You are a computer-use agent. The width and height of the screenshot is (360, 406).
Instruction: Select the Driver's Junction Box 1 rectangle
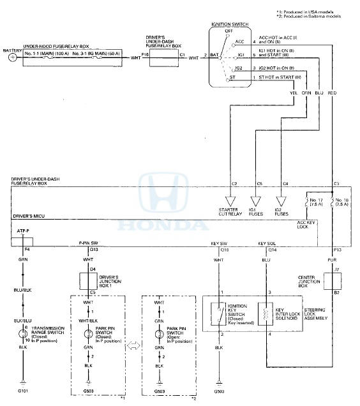tap(93, 280)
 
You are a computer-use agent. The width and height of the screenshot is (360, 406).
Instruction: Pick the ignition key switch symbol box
tap(220, 315)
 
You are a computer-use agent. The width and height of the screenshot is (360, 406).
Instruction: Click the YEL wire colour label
tap(294, 94)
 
